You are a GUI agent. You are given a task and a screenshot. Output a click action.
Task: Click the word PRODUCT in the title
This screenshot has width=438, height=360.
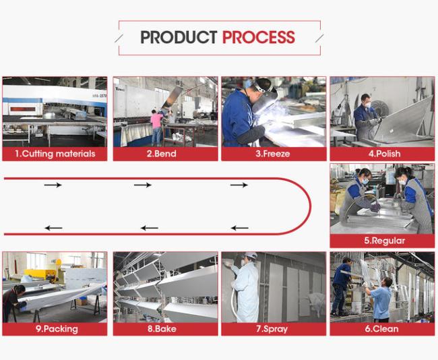[179, 37]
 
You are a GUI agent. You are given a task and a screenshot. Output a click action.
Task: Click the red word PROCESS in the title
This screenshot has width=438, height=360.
[259, 37]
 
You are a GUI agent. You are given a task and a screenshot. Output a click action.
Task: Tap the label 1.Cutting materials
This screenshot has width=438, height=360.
[55, 154]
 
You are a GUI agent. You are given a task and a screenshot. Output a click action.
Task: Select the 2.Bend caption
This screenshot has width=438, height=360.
[162, 154]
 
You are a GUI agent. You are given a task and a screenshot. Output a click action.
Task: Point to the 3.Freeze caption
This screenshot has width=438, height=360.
[273, 154]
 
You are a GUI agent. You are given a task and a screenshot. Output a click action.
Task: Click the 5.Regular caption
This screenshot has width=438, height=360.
[384, 241]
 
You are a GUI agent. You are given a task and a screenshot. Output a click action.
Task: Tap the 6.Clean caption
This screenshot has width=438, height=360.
[381, 329]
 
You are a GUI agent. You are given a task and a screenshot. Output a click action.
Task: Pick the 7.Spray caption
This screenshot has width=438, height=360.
[272, 329]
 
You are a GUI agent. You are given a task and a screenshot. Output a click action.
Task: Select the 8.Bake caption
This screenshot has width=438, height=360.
[162, 329]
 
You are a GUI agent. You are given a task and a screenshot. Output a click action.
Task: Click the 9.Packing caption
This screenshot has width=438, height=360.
[57, 329]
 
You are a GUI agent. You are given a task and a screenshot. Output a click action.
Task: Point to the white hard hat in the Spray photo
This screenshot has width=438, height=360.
[251, 256]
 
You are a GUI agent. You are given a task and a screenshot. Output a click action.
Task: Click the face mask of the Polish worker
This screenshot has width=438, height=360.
[368, 105]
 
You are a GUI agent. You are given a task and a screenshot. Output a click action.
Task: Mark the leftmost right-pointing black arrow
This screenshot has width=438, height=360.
[53, 185]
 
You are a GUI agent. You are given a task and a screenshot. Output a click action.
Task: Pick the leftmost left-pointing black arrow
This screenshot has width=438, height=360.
[53, 228]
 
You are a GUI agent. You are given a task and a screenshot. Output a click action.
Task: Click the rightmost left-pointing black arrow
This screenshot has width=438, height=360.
[239, 228]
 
